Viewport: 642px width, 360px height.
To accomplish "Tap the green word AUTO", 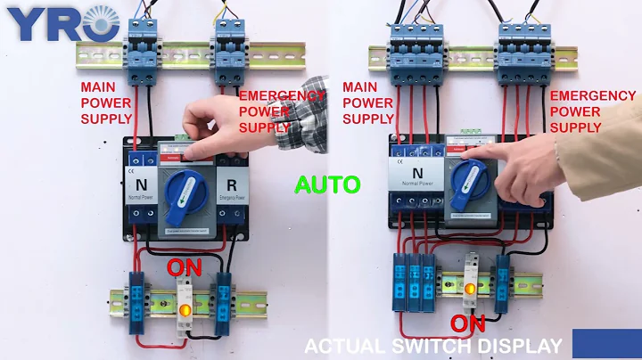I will click(327, 185).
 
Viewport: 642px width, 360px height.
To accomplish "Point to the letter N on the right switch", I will click(416, 170).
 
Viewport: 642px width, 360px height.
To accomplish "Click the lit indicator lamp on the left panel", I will click(185, 311).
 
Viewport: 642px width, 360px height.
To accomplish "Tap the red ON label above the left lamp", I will click(183, 266).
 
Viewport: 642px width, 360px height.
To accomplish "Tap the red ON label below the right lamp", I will click(467, 323).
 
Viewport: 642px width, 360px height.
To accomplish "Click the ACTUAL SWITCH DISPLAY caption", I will click(433, 346).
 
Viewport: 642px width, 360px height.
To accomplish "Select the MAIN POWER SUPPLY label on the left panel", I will click(107, 102).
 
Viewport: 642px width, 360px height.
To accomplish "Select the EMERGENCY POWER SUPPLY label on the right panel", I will click(593, 110).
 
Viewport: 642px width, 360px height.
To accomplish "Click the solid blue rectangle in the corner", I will click(606, 344).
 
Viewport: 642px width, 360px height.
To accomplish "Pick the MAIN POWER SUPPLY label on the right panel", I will click(368, 102).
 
